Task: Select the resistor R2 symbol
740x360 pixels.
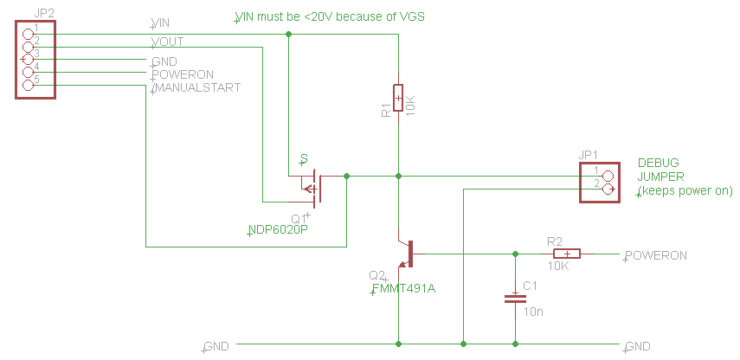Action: (567, 254)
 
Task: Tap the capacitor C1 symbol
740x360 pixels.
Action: (516, 299)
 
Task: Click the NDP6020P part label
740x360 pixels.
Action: (278, 230)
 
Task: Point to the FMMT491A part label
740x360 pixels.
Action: (403, 288)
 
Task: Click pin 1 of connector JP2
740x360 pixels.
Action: (28, 34)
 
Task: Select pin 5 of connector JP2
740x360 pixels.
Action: (28, 85)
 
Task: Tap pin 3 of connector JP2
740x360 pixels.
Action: (28, 60)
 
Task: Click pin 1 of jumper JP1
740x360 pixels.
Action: (608, 176)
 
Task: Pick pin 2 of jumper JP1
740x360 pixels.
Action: (608, 190)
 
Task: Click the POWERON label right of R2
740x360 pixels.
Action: (656, 256)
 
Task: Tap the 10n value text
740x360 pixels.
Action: (533, 311)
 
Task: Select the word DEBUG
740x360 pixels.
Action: (658, 163)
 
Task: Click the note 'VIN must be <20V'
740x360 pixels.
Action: (330, 17)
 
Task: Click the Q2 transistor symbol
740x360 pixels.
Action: (406, 253)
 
